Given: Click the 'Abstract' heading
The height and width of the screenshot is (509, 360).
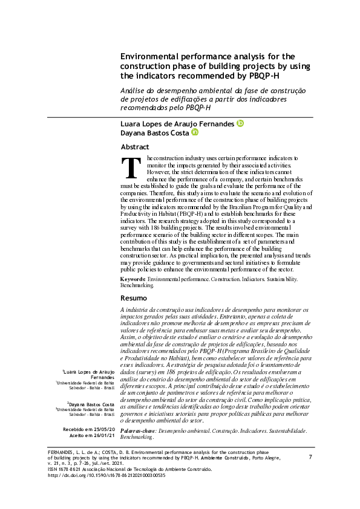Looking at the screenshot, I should [135, 147].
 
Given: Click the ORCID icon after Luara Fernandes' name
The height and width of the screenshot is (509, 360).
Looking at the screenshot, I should [240, 123].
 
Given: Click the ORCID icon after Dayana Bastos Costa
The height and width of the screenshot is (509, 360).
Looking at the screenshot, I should [194, 132].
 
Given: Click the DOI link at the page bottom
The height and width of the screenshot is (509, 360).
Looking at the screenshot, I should [106, 475].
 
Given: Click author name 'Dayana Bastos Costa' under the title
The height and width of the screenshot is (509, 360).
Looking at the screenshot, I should [154, 133].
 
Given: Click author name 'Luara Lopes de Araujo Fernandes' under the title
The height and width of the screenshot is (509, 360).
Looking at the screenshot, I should [177, 123].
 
